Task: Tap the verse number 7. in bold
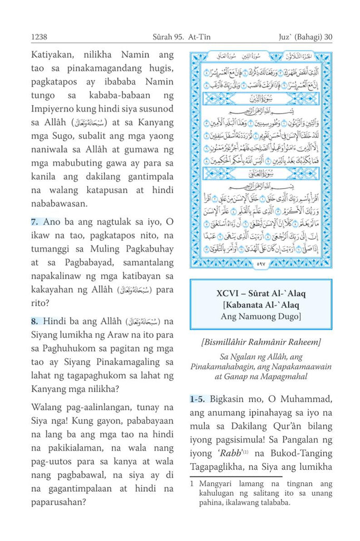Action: pos(35,222)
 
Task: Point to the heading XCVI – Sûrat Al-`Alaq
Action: pos(261,294)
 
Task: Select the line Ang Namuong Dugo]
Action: pos(261,317)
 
